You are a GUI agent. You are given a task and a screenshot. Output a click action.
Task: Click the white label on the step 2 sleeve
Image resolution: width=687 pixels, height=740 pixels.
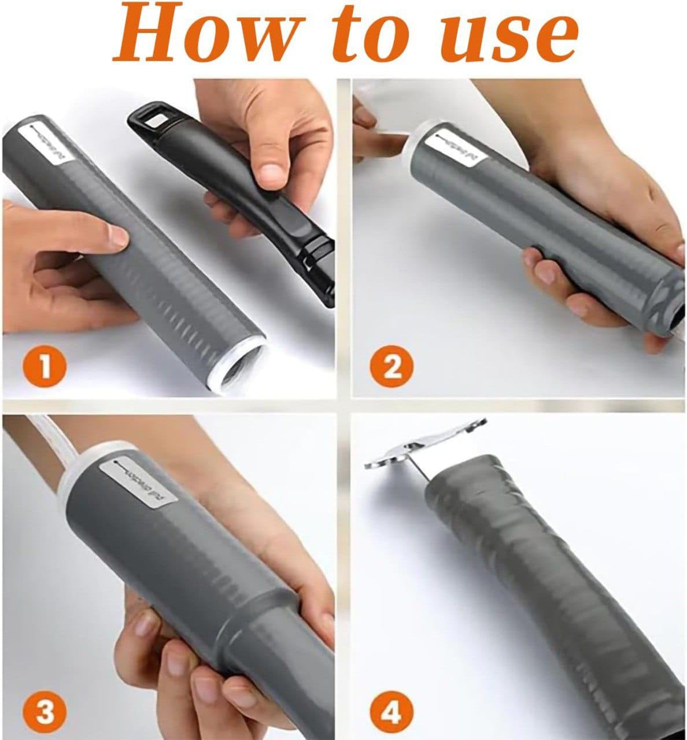459,147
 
